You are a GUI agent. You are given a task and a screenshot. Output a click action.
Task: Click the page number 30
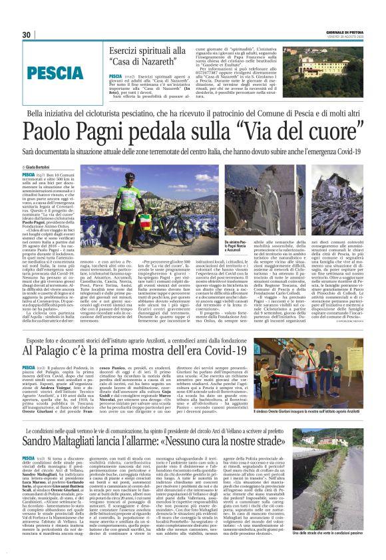(27, 35)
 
